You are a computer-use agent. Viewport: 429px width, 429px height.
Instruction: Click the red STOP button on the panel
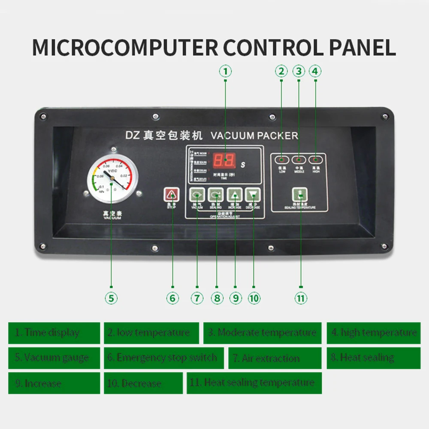click(172, 195)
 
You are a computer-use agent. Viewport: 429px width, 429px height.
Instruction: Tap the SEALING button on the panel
click(216, 196)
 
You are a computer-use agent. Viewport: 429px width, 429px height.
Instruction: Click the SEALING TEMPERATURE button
click(300, 195)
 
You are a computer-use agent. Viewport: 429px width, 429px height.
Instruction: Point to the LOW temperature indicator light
click(282, 160)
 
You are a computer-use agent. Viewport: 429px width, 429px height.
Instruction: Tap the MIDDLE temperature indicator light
click(299, 160)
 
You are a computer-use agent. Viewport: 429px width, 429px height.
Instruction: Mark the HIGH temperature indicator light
click(316, 160)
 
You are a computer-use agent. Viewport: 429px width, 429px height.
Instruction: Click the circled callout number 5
click(111, 298)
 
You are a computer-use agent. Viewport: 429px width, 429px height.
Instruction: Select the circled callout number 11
click(301, 298)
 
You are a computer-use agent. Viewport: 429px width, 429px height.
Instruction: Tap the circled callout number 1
click(225, 71)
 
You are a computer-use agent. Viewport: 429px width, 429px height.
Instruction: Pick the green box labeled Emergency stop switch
click(163, 358)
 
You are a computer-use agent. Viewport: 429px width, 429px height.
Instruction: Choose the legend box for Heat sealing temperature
click(254, 383)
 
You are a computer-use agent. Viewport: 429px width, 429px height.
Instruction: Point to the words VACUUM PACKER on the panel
click(254, 136)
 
